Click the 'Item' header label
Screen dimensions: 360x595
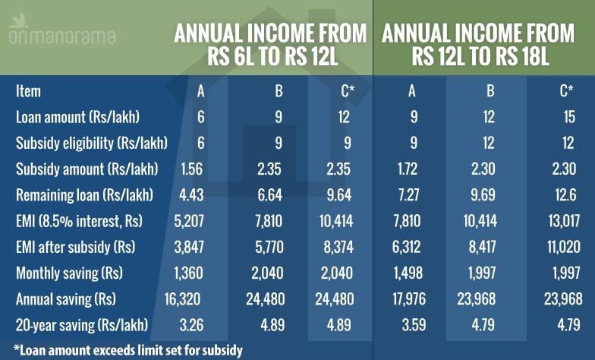pyautogui.click(x=28, y=91)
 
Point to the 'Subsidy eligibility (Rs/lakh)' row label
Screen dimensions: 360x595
pyautogui.click(x=91, y=143)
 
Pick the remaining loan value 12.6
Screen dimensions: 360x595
pyautogui.click(x=566, y=194)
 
